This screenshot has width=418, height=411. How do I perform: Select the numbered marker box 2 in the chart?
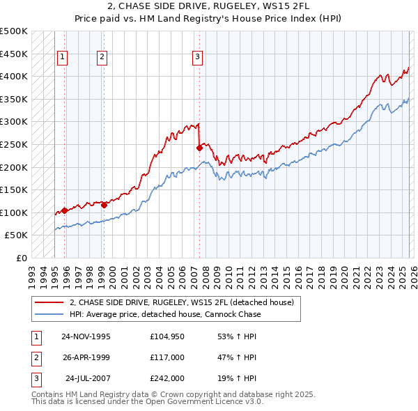[x=102, y=57]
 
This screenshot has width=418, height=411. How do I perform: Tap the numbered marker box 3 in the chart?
[x=198, y=57]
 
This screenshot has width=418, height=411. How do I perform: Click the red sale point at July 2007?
[x=199, y=148]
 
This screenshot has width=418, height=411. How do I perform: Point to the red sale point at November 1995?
[x=64, y=210]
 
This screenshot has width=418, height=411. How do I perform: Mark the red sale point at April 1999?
[x=104, y=205]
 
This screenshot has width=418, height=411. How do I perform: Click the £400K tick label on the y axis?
[x=14, y=76]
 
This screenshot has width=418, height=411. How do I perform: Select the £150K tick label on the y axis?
[x=14, y=189]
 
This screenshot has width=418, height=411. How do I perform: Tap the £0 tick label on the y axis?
[x=21, y=258]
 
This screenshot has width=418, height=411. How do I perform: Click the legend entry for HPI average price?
[x=165, y=314]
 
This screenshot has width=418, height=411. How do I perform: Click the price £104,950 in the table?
[x=167, y=336]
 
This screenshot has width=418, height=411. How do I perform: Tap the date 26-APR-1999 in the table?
[x=86, y=357]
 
